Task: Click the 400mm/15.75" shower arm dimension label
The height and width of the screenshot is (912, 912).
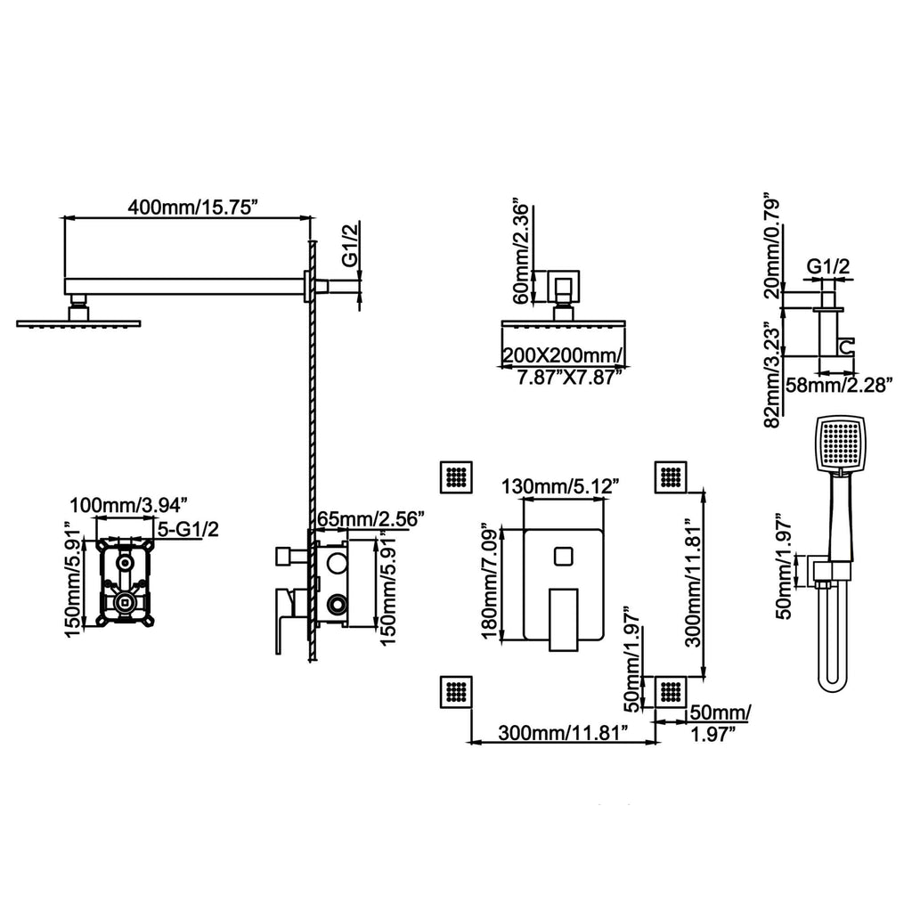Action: coord(192,207)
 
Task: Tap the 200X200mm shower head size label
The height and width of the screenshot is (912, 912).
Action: coord(563,354)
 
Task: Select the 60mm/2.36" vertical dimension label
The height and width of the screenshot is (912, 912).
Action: coord(521,254)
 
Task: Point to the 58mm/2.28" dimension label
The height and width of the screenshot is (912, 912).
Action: coord(839,385)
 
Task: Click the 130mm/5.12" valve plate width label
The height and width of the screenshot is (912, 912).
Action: coord(560,485)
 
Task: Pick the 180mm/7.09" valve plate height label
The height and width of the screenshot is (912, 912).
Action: coord(491,581)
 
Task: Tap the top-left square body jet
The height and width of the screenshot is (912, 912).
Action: coord(456,477)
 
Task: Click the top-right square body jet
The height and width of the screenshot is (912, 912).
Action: coord(672,477)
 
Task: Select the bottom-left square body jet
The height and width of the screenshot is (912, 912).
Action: coord(456,692)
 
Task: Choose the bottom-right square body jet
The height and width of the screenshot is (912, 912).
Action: coord(672,692)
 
